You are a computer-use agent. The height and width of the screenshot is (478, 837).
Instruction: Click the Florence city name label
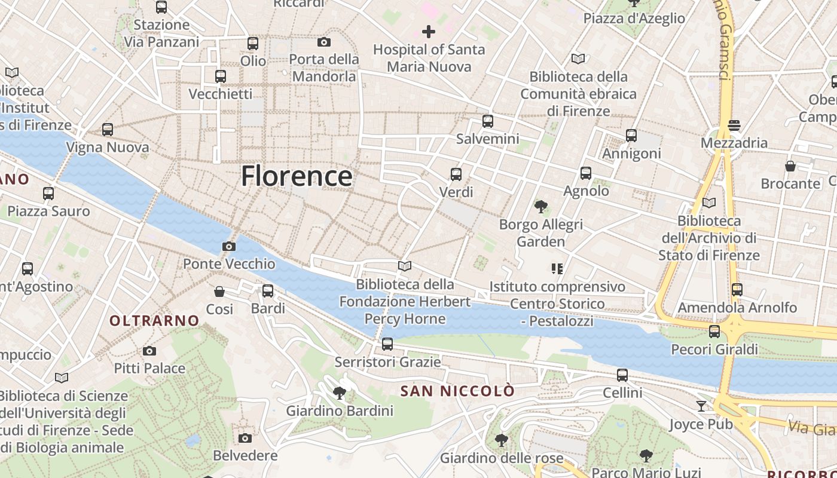point(297,176)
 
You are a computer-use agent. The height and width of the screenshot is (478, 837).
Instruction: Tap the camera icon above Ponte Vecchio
point(228,246)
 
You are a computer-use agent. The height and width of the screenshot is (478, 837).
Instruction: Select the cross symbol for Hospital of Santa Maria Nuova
point(429,32)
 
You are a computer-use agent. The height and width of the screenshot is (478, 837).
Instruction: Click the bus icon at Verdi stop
point(456,174)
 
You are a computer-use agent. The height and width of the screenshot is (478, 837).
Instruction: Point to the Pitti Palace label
point(149,368)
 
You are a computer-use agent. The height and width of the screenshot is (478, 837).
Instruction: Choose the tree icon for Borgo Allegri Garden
point(541,207)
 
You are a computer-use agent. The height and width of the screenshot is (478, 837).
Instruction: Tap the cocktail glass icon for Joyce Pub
point(701,406)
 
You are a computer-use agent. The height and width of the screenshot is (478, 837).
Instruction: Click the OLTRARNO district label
point(154,321)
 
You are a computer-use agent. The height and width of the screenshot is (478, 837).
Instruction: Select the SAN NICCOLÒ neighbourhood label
point(457,391)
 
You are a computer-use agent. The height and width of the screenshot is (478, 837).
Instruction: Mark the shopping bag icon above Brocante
point(790,166)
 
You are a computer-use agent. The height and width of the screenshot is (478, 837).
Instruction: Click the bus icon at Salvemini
point(488,121)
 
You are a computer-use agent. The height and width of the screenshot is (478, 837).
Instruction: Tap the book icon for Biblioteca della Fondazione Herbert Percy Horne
point(405,266)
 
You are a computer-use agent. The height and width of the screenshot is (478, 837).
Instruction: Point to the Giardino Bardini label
point(340,410)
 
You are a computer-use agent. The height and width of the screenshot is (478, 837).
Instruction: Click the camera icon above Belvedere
point(245,438)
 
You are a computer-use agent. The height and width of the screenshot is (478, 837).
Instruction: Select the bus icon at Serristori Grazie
point(387,344)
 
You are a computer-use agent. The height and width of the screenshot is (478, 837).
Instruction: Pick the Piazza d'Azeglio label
point(634,19)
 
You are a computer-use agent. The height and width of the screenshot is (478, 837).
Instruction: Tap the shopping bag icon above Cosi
point(219,292)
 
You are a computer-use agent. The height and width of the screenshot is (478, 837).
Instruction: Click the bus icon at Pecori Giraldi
point(714,332)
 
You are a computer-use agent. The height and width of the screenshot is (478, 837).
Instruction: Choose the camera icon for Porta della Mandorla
point(324,42)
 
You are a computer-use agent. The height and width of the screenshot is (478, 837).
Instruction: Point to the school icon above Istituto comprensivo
point(557,269)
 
